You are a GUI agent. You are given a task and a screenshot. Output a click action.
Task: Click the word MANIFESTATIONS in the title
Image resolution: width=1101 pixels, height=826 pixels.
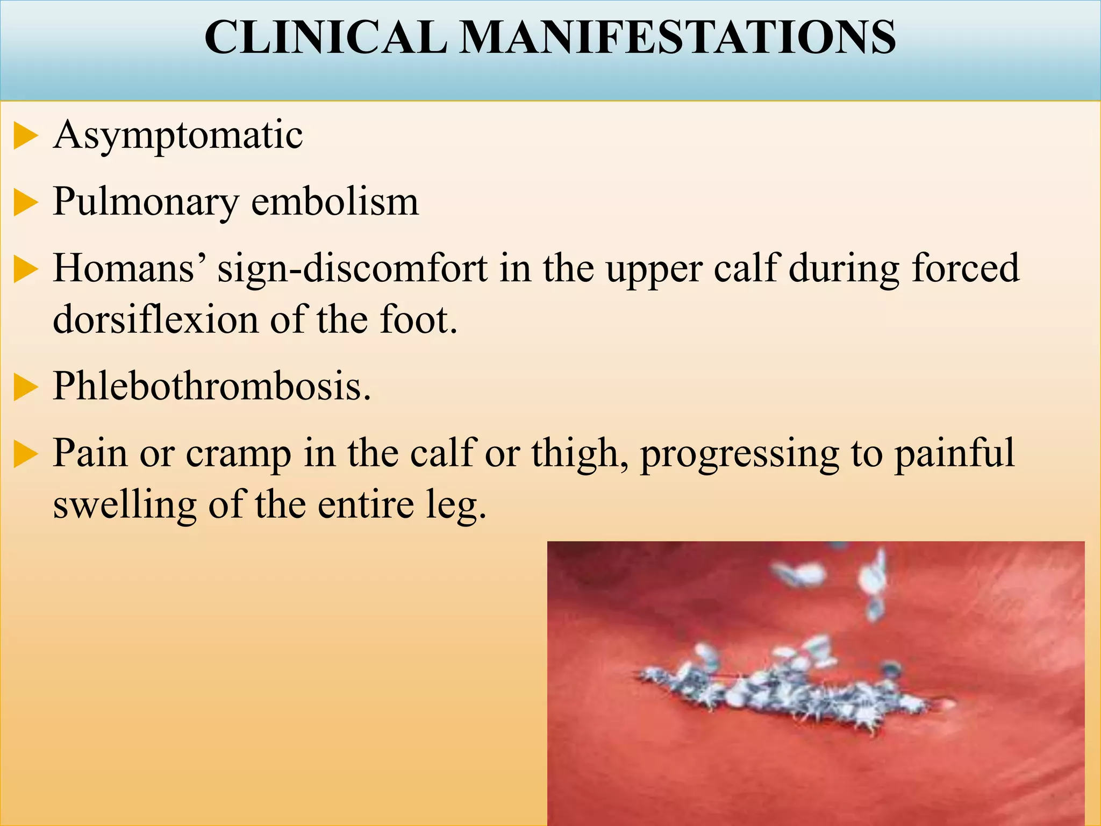click(x=677, y=37)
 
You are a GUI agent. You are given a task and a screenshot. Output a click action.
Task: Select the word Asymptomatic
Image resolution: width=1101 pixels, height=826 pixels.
click(x=178, y=135)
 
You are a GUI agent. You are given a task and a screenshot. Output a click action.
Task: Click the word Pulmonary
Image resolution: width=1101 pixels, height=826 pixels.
click(x=146, y=203)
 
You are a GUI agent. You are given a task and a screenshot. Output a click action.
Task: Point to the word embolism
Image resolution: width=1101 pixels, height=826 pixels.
click(x=334, y=202)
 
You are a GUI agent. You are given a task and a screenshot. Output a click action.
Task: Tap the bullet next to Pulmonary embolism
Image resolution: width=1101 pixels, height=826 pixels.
click(x=25, y=204)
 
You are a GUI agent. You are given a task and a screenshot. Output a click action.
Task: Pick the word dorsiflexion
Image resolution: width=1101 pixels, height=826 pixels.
click(x=156, y=319)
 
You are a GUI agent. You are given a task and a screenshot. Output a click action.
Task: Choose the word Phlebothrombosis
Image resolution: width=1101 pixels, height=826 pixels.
click(x=212, y=386)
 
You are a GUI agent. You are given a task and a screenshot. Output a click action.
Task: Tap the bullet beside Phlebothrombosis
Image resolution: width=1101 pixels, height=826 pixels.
click(x=25, y=388)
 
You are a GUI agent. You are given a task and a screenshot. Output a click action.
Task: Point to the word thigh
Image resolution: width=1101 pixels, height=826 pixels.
click(x=580, y=453)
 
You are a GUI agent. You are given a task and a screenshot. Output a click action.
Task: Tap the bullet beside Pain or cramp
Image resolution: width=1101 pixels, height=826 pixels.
click(x=25, y=454)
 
